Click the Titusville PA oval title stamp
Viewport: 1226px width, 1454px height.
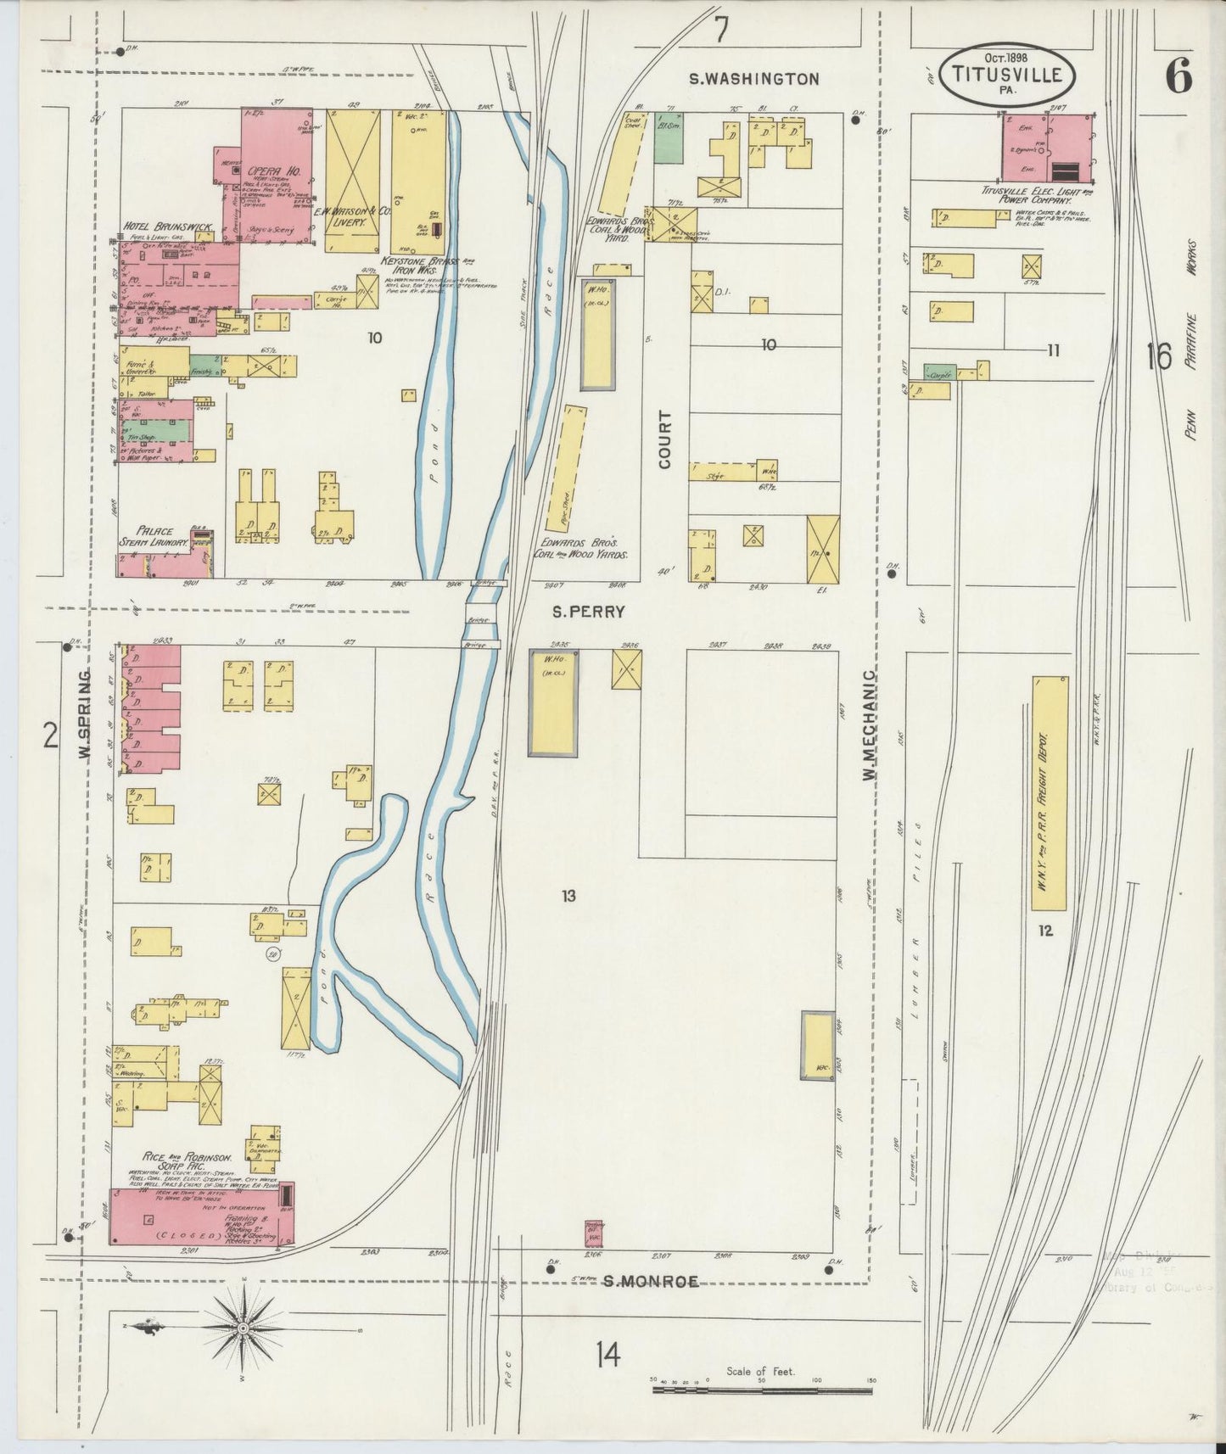pyautogui.click(x=1007, y=75)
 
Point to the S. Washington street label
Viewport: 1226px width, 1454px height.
pyautogui.click(x=753, y=79)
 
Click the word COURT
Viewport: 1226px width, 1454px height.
pyautogui.click(x=664, y=439)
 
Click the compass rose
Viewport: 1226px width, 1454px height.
pyautogui.click(x=242, y=1326)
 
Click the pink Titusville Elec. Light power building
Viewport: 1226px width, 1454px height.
pyautogui.click(x=1047, y=148)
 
